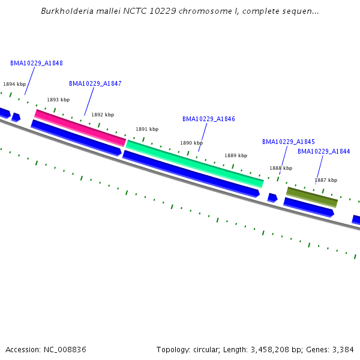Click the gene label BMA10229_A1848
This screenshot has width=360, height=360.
[x=36, y=63]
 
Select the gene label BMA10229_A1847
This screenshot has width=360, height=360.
[x=95, y=83]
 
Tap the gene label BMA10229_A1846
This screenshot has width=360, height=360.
[x=208, y=119]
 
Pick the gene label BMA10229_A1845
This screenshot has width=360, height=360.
[x=288, y=142]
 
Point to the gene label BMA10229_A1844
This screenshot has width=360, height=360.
[x=323, y=151]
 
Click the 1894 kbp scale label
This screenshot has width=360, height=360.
[x=14, y=85]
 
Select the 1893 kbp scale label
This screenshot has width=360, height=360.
[x=58, y=100]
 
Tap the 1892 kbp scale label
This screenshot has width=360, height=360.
[x=103, y=115]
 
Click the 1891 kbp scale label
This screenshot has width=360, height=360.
[x=147, y=129]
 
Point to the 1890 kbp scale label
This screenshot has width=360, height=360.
[x=191, y=143]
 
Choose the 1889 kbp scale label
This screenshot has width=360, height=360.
[x=236, y=155]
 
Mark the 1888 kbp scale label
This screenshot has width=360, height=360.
[x=280, y=168]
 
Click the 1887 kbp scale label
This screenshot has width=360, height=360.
[x=326, y=180]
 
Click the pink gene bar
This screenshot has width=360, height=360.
[x=80, y=128]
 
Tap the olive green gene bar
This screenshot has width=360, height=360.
[x=312, y=197]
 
